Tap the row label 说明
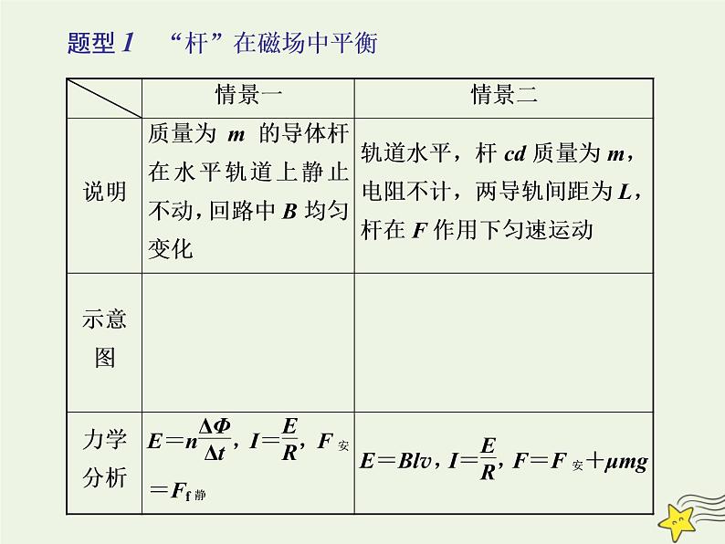click(104, 193)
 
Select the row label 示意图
click(104, 338)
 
